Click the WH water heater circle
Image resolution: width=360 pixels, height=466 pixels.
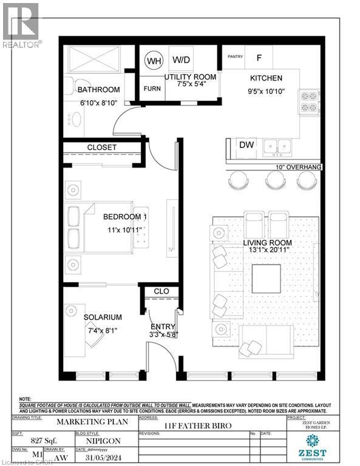click(154, 61)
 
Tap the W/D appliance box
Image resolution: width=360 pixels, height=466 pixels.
click(181, 60)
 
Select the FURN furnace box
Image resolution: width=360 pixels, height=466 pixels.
click(152, 89)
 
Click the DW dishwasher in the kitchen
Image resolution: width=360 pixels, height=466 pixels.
click(246, 146)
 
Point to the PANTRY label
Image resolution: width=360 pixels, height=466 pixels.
click(236, 57)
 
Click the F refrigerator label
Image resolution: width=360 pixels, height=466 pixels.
click(259, 58)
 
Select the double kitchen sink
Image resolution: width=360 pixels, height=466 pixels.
click(280, 146)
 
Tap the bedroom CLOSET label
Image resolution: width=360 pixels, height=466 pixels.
click(101, 147)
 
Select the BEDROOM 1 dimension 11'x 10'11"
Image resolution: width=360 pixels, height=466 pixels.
click(125, 230)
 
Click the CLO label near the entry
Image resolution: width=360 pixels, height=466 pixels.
click(161, 291)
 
